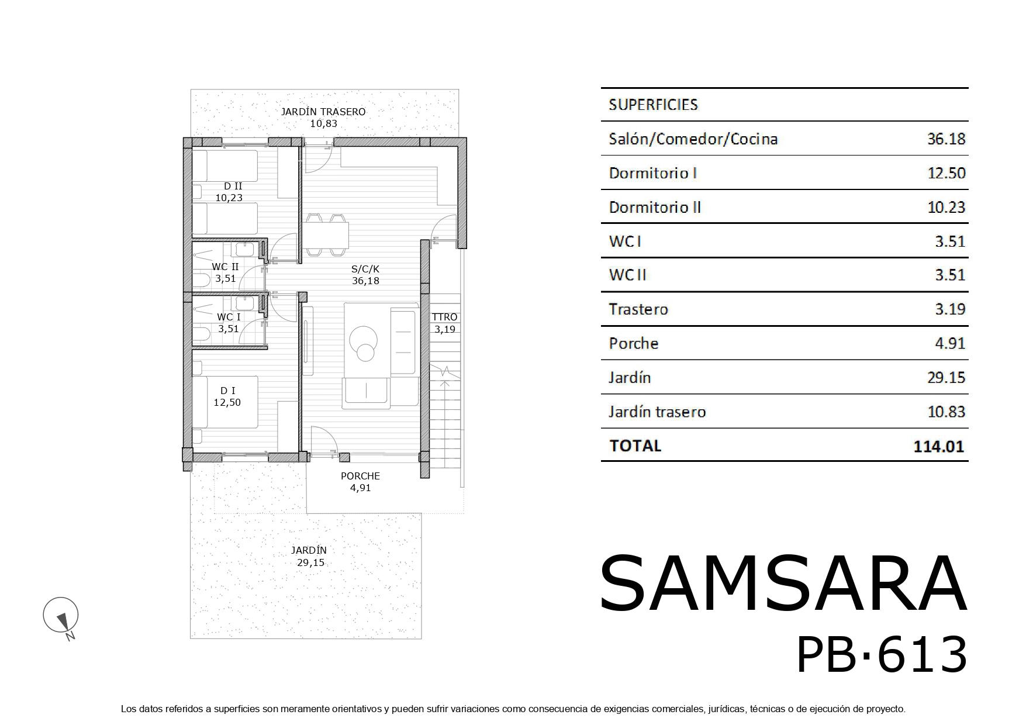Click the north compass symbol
pyautogui.click(x=61, y=616)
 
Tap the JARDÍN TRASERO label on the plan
pyautogui.click(x=323, y=112)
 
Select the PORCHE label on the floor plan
pyautogui.click(x=360, y=476)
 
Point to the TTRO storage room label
pyautogui.click(x=444, y=317)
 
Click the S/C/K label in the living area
pyautogui.click(x=365, y=269)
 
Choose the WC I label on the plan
pyautogui.click(x=229, y=317)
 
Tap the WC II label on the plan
pyautogui.click(x=225, y=267)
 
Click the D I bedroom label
pyautogui.click(x=227, y=391)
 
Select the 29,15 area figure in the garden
pyautogui.click(x=310, y=562)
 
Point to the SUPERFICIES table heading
pyautogui.click(x=653, y=105)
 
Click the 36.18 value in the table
pyautogui.click(x=946, y=139)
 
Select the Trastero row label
pyautogui.click(x=638, y=309)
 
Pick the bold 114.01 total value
pyautogui.click(x=938, y=447)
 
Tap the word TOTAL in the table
pyautogui.click(x=635, y=446)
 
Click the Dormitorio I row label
pyautogui.click(x=652, y=173)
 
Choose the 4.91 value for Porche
pyautogui.click(x=950, y=343)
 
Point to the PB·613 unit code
pyautogui.click(x=882, y=655)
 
